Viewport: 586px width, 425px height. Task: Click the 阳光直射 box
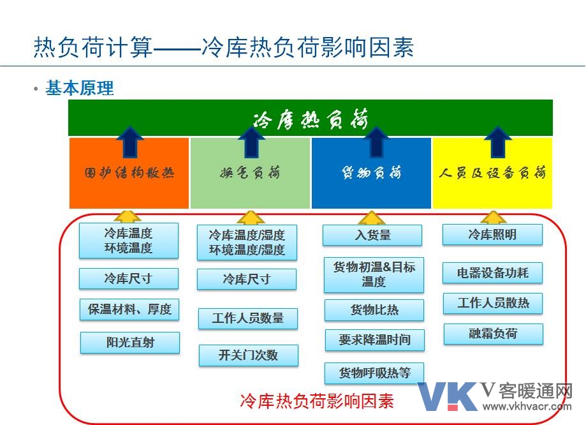pos(130,342)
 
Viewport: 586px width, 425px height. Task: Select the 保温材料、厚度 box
pos(129,309)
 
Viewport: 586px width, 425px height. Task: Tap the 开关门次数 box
pos(249,355)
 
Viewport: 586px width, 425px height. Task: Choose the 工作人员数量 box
pos(248,318)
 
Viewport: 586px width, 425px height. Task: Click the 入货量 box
pos(372,235)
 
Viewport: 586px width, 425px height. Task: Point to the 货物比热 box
pos(374,309)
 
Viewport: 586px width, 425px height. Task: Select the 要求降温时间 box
pos(375,340)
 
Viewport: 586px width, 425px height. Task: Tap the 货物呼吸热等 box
pos(374,373)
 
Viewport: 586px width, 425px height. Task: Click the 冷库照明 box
pos(492,235)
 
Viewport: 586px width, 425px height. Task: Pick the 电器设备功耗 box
pos(492,272)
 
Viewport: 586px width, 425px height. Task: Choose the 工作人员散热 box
pos(493,303)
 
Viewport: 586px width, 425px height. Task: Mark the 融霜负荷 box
pos(494,334)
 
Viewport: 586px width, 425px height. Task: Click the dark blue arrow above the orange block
pos(129,142)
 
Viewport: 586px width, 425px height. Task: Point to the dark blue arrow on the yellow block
pos(498,142)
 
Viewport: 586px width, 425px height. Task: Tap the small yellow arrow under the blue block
pos(371,218)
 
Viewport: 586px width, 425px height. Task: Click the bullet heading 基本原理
pos(79,88)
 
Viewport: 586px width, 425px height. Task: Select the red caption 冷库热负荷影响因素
pos(317,401)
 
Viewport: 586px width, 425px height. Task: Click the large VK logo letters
pos(448,396)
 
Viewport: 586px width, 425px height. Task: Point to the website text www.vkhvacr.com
pos(527,406)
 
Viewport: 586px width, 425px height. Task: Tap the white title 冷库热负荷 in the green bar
pos(311,119)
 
